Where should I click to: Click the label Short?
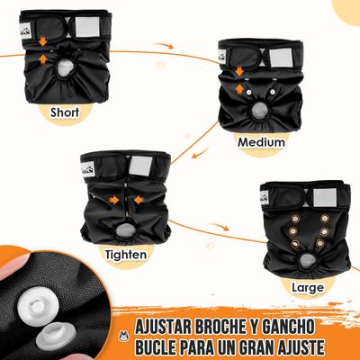click(x=69, y=112)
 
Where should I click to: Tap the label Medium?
click(x=261, y=142)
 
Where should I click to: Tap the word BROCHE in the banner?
click(x=237, y=325)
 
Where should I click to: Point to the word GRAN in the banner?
click(x=271, y=346)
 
